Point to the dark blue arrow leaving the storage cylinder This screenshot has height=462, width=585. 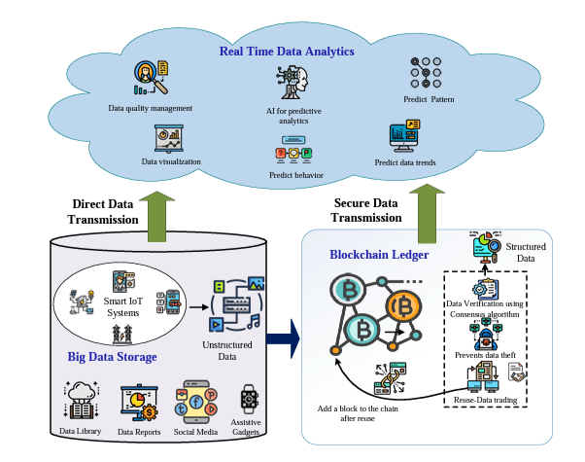284,338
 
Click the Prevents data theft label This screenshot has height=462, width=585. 484,354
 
